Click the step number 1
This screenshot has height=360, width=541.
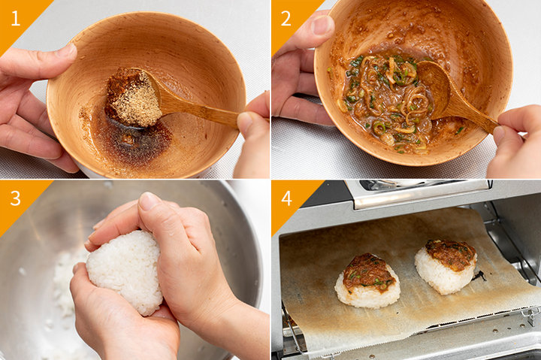[x=16, y=19]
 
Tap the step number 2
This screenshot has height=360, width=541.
[x=286, y=19]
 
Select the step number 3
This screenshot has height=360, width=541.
[x=16, y=198]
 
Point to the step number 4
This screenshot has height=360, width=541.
[x=287, y=198]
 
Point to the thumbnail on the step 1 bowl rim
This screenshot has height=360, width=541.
[x=66, y=51]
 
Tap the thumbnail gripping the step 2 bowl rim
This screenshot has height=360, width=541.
[x=322, y=25]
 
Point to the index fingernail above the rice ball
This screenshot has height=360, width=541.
[x=150, y=201]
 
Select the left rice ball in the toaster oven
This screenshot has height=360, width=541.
[x=367, y=281]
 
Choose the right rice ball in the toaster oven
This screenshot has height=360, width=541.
[x=446, y=267]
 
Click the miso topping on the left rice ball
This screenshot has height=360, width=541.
[x=369, y=271]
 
